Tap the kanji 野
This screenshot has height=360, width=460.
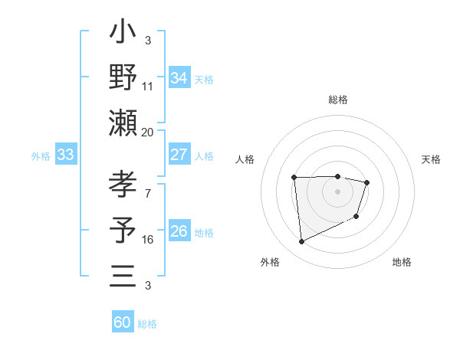[x=123, y=77]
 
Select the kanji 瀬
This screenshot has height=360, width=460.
[x=123, y=123]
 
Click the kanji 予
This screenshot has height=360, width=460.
[x=123, y=231]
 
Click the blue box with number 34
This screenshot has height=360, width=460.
[x=179, y=78]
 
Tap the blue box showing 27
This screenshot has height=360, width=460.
[x=179, y=155]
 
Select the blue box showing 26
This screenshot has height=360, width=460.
[x=179, y=231]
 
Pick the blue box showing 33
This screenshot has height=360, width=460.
[x=66, y=155]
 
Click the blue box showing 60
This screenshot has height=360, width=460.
[x=123, y=322]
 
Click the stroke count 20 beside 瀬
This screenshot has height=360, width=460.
[x=148, y=132]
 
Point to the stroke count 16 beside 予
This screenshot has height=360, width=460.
[x=148, y=240]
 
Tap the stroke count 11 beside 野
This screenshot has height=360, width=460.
[x=148, y=87]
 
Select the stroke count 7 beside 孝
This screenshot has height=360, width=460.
[x=148, y=194]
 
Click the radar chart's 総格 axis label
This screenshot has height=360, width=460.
[x=337, y=100]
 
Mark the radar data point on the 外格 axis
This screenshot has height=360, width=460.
[x=302, y=242]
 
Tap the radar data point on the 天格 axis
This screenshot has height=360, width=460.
[x=367, y=182]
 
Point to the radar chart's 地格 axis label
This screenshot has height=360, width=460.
[x=402, y=262]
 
